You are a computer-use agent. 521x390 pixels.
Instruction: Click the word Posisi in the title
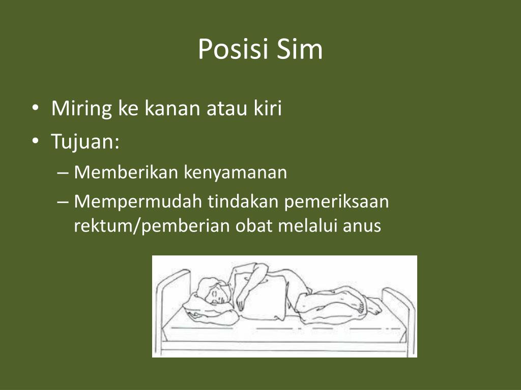233,50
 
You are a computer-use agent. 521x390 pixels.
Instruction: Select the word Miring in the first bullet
82,109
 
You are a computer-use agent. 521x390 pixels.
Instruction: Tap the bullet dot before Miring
35,109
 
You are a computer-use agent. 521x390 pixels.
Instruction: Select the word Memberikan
126,173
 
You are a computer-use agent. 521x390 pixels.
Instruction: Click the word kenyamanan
236,173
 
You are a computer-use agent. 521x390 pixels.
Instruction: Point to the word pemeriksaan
336,202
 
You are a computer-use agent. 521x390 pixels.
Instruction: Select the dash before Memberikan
63,173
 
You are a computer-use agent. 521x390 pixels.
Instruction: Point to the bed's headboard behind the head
170,295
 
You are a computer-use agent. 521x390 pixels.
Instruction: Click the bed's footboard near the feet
399,310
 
